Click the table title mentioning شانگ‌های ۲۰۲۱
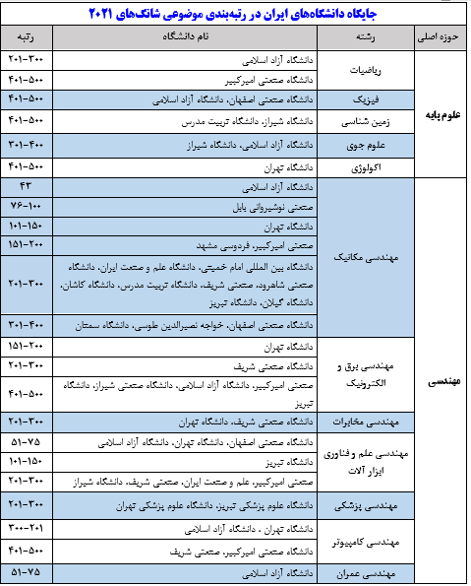click(x=235, y=14)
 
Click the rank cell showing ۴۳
click(x=24, y=186)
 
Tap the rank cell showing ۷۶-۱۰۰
click(x=24, y=206)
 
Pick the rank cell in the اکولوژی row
click(x=24, y=166)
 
